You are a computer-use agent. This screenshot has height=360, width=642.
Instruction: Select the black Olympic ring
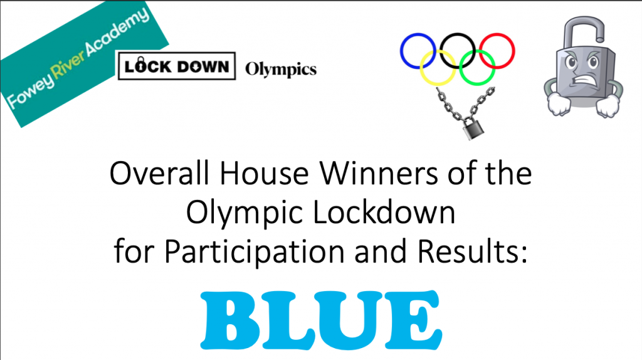[457, 33]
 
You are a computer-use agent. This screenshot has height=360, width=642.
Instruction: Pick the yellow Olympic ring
[438, 85]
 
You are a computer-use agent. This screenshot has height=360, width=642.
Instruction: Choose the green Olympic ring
[477, 85]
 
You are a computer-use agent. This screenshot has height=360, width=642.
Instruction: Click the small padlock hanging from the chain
[473, 129]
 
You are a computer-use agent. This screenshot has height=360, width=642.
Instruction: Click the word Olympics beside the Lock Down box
[281, 70]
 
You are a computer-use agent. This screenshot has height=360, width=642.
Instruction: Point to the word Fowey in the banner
[31, 92]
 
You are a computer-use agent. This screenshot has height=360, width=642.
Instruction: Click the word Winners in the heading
[379, 173]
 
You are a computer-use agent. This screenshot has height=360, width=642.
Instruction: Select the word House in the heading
[264, 173]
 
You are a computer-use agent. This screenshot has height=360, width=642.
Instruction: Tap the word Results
[473, 251]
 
